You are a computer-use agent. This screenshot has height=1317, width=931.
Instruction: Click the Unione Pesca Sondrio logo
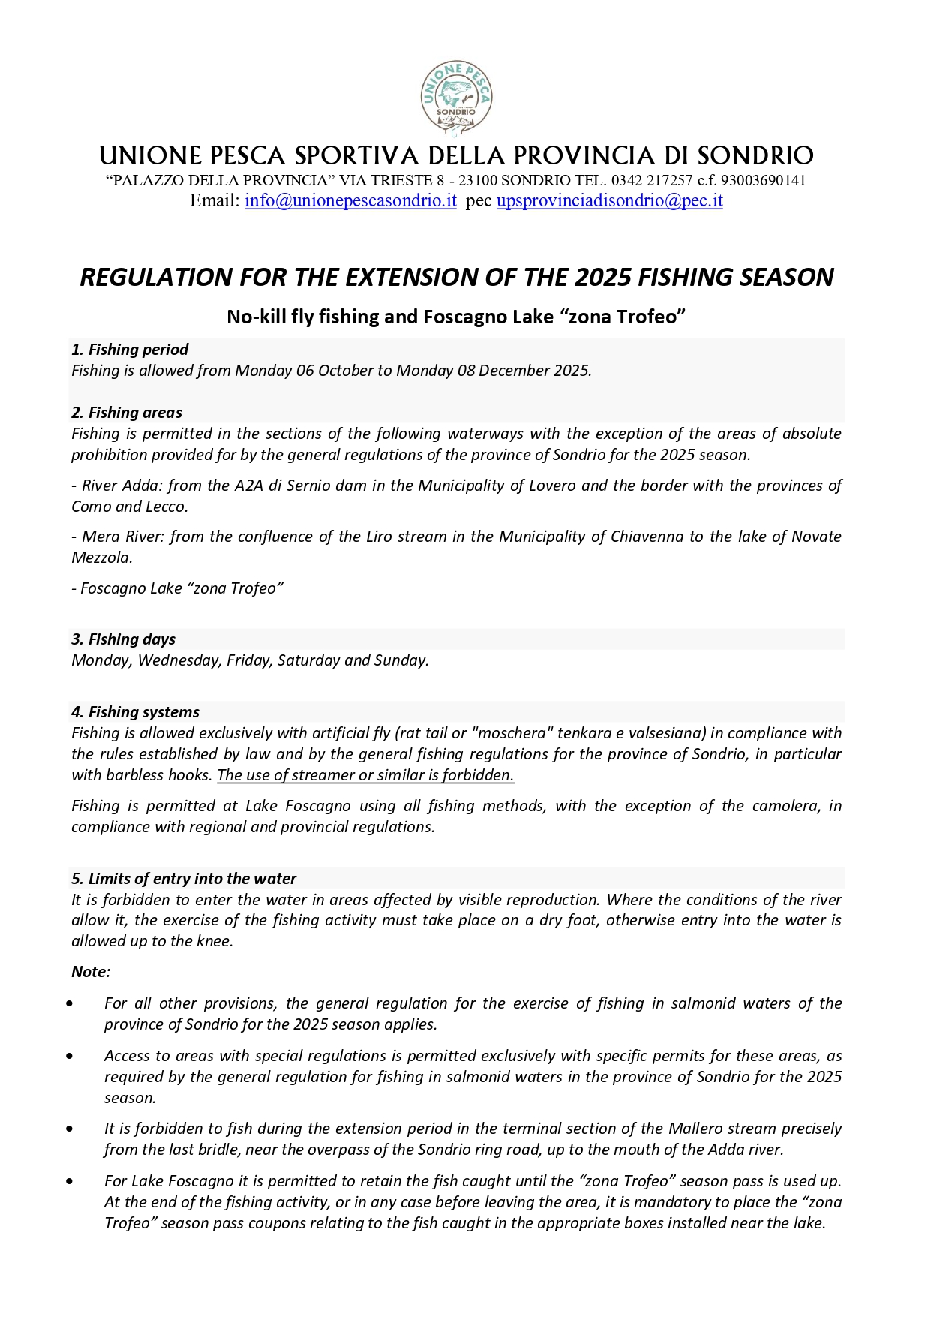coord(456,98)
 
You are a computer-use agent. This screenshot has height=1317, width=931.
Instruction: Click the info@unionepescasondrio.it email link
coord(350,200)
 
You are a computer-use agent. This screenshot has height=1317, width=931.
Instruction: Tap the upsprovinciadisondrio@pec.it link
coord(609,200)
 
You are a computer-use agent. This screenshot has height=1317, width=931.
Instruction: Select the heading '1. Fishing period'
coord(130,350)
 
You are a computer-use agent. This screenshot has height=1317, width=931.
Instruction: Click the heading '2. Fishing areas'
coord(127,413)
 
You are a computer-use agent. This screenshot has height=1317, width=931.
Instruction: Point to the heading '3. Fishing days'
coord(124,639)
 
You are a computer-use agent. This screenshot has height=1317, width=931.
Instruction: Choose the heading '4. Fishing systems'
coord(136,712)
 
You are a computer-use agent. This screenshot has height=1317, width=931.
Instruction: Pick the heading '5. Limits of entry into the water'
coord(184,879)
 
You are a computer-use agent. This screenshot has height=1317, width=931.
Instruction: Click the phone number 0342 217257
coord(652,180)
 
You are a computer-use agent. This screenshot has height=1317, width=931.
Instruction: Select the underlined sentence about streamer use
coord(365,775)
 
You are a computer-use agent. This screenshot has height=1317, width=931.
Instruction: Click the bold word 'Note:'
coord(91,972)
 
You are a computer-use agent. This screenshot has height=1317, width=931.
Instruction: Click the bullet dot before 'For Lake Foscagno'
coord(70,1181)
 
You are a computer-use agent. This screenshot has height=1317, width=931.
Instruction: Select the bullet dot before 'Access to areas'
coord(70,1056)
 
